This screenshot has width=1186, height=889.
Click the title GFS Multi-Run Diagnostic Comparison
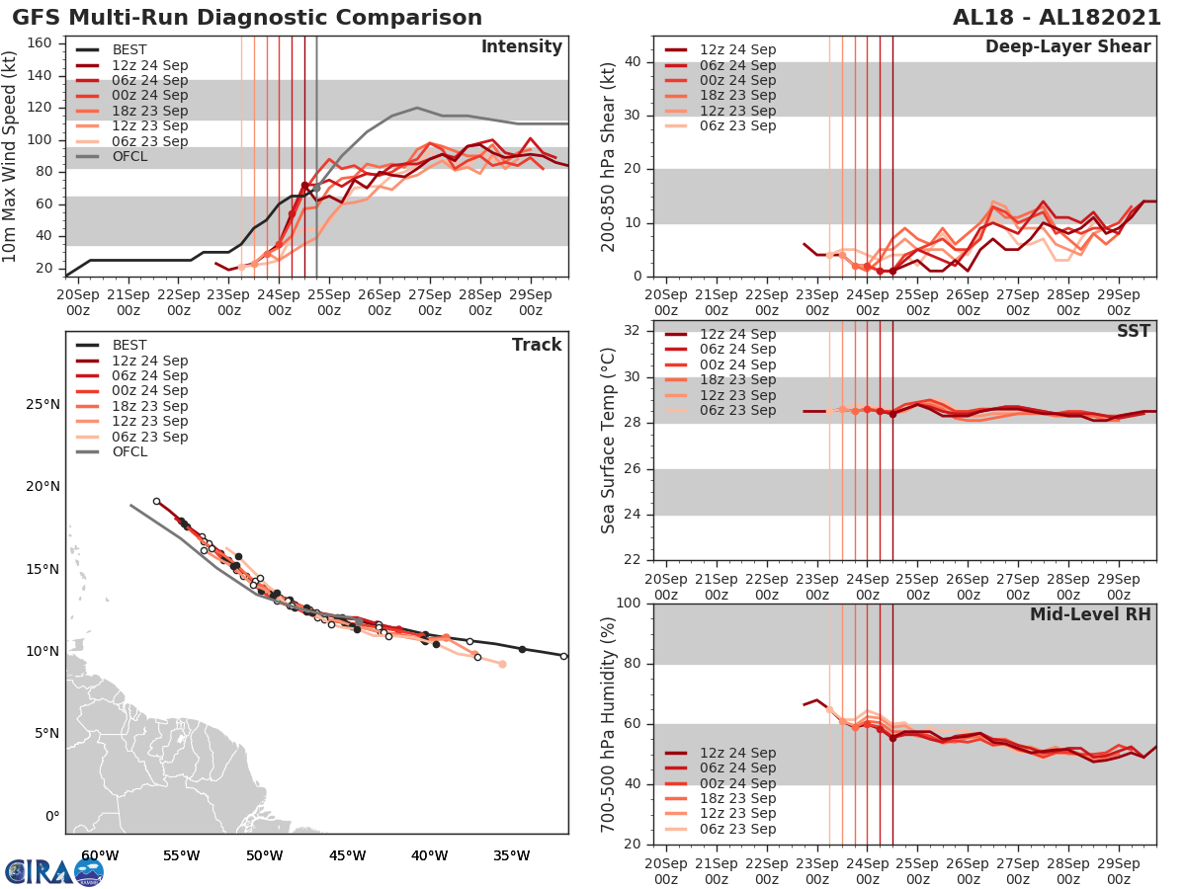click(x=247, y=18)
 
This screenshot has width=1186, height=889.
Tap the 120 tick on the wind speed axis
click(x=41, y=107)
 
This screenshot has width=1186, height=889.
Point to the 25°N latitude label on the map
click(x=42, y=404)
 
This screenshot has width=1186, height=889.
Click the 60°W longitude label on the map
click(x=99, y=855)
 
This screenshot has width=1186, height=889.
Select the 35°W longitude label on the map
click(x=512, y=855)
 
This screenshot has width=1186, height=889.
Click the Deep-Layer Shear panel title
click(x=1067, y=47)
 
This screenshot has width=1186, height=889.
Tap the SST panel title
click(x=1133, y=331)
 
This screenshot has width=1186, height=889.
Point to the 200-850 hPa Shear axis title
click(x=610, y=156)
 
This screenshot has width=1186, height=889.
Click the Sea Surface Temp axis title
click(x=610, y=441)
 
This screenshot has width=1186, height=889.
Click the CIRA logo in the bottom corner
click(x=53, y=871)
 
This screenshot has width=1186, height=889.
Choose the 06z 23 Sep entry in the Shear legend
click(x=737, y=125)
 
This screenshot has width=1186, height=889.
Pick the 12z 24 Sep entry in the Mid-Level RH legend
click(x=737, y=753)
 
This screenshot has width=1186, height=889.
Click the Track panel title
click(x=537, y=345)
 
